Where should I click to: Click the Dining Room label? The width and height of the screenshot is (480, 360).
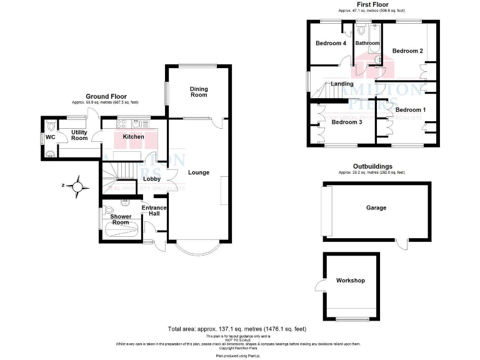(199, 92)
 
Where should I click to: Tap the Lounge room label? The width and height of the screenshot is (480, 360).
(199, 172)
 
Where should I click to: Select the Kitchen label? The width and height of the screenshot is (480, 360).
(133, 136)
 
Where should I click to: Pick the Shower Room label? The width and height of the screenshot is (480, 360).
(121, 219)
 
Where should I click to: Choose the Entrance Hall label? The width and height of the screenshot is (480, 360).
(154, 211)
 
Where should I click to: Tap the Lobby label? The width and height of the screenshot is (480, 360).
(152, 179)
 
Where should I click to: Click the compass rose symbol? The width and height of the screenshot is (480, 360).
(77, 186)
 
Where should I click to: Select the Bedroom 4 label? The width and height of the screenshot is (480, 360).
(331, 43)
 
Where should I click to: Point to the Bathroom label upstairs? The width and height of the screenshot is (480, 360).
(367, 43)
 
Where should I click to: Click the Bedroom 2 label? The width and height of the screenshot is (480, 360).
(407, 51)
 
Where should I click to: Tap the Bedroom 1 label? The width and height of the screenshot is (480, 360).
(411, 110)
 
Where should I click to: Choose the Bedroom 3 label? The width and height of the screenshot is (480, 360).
(347, 122)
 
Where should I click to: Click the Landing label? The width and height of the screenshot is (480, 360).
(342, 84)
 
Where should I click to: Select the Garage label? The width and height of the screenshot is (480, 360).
(376, 207)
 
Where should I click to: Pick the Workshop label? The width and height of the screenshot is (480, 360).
(350, 281)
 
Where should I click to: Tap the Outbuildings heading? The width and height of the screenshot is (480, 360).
(371, 166)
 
